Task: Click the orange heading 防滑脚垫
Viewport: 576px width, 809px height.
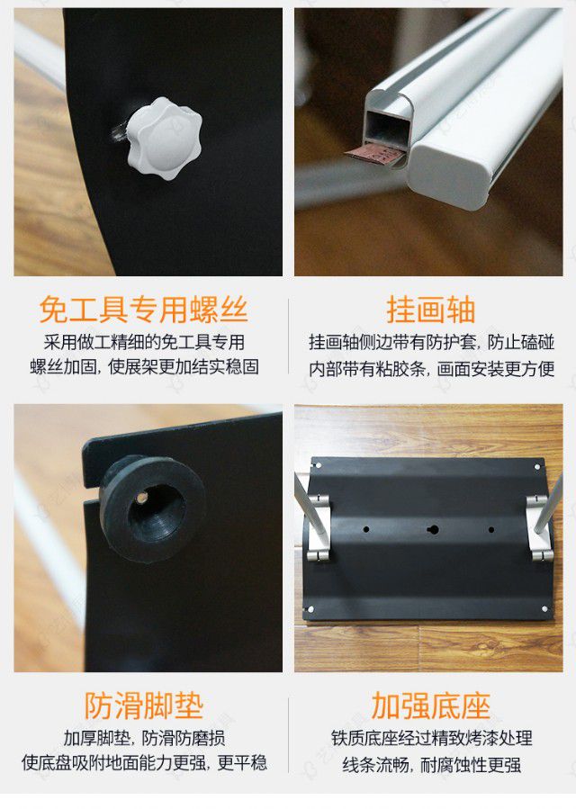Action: (x=143, y=705)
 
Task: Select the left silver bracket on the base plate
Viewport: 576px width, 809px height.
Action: (x=317, y=528)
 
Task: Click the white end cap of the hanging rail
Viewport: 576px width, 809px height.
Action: (x=450, y=171)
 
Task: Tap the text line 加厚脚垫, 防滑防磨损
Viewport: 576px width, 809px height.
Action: (x=143, y=738)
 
